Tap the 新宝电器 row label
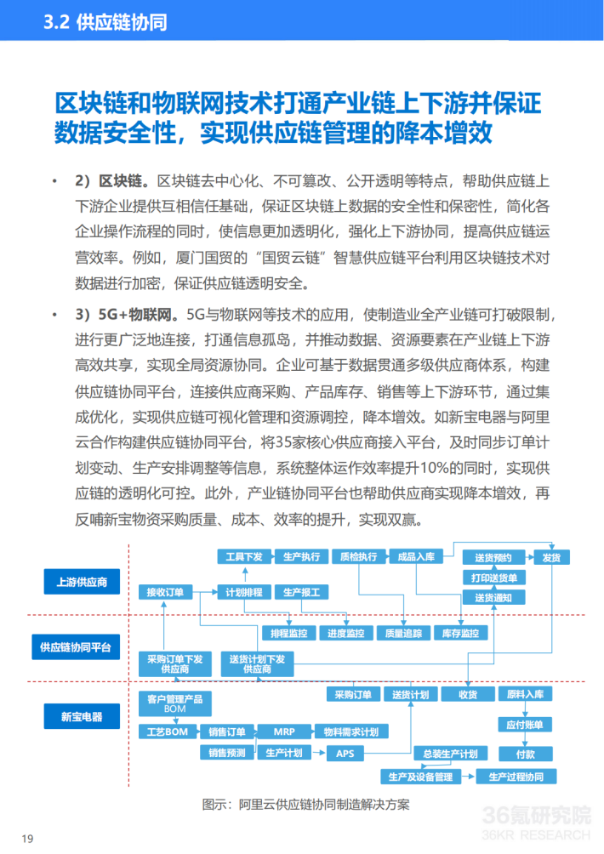(82, 717)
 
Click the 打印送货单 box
(494, 578)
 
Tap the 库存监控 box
(460, 634)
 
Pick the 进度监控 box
(346, 634)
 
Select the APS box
(345, 754)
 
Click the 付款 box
(525, 754)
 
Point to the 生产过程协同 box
(516, 777)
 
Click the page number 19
(27, 839)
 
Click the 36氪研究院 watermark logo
(536, 819)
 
